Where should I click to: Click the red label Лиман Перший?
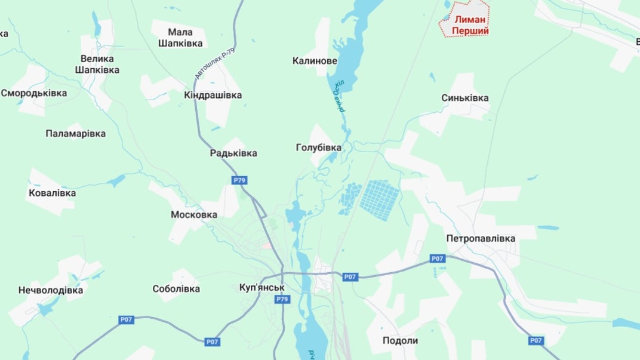coord(472,25)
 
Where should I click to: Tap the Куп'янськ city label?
coord(261,287)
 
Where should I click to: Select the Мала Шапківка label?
coord(180,37)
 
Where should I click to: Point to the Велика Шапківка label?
coord(97,64)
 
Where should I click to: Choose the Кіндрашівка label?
coord(213,96)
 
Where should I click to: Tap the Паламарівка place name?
coord(75,134)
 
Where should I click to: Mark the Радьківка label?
coord(233,153)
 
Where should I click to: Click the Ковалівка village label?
coord(52,193)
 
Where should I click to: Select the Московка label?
coord(194,214)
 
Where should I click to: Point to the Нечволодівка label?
coord(50,291)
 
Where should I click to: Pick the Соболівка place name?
coord(176,289)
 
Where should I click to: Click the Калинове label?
coord(315,61)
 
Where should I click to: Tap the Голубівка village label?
coord(319,147)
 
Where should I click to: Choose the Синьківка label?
coord(465,98)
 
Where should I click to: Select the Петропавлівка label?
coord(481,238)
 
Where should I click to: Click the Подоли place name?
coord(400,340)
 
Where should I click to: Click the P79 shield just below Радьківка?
coord(239,180)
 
